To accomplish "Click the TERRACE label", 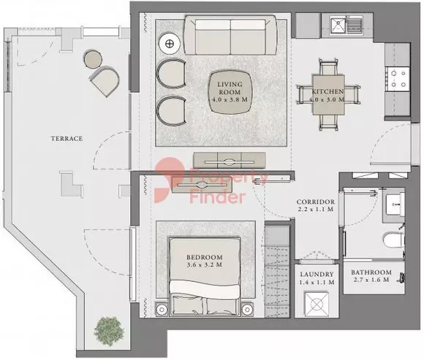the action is [x=67, y=139].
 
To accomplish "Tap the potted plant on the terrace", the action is [x=109, y=331].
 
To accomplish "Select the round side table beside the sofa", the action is [x=170, y=43].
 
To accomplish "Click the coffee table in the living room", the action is [x=230, y=92].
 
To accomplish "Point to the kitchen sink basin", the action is [x=338, y=25].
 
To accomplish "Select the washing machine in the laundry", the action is [x=317, y=304].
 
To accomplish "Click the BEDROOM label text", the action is [x=205, y=257].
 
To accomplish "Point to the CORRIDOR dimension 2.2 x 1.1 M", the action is [x=315, y=209].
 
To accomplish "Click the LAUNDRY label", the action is [x=317, y=275].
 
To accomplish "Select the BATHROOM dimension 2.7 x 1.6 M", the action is [x=371, y=280].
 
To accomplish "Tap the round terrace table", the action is [x=93, y=58].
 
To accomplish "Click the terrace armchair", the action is [x=105, y=81].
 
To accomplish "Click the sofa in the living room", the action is [x=230, y=35].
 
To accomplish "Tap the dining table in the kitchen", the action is [x=328, y=95].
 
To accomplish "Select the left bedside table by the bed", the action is [x=162, y=309].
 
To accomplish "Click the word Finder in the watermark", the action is [x=218, y=197].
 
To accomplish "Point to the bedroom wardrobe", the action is [x=277, y=269].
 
